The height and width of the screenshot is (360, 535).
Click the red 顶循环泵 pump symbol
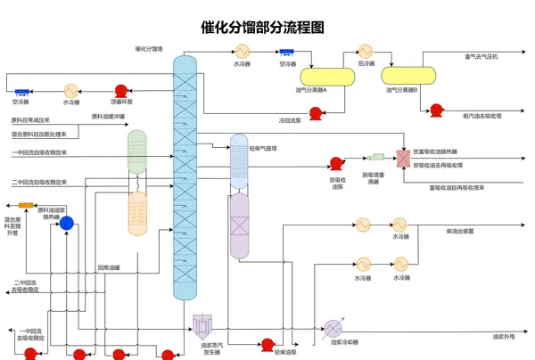(x=121, y=90)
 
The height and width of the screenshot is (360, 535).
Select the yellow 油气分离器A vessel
(x=327, y=77)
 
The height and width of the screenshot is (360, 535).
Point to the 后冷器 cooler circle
(x=366, y=52)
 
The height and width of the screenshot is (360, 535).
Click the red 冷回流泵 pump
(x=315, y=112)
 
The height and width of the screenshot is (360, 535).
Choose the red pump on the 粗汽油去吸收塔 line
(x=436, y=111)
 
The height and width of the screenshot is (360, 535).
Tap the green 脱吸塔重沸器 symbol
(x=375, y=158)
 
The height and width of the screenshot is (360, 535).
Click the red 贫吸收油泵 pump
(x=336, y=163)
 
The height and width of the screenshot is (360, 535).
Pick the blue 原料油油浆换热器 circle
(x=66, y=224)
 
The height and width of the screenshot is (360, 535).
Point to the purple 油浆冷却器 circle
(x=333, y=327)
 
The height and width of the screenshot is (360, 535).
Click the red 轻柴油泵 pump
(x=266, y=344)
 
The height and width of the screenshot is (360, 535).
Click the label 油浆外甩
(x=505, y=337)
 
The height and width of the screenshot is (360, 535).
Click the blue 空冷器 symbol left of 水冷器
(x=21, y=91)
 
